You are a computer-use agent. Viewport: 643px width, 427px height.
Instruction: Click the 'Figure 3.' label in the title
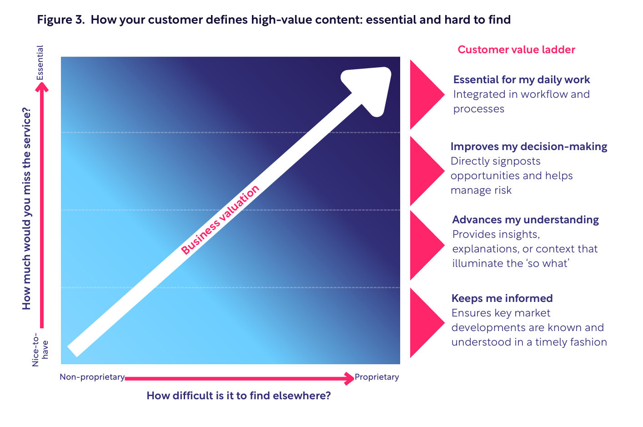(x=61, y=20)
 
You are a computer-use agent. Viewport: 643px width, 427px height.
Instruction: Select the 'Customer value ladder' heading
(x=517, y=50)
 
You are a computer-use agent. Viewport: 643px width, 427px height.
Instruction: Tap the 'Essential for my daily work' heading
(x=522, y=80)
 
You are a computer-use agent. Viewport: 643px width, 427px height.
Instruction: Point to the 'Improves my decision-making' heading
(x=529, y=146)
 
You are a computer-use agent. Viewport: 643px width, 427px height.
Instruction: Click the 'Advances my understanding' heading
(x=526, y=220)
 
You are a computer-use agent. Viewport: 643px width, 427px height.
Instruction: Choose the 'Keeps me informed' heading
(x=502, y=298)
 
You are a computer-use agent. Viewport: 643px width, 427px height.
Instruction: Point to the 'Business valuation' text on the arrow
(x=220, y=220)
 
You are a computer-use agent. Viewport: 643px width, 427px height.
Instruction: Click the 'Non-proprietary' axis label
(x=92, y=377)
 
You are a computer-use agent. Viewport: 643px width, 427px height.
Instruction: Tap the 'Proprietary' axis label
(x=377, y=377)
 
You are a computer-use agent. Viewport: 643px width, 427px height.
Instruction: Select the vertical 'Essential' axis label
(x=40, y=63)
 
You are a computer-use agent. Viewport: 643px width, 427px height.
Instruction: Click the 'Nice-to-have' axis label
(x=40, y=350)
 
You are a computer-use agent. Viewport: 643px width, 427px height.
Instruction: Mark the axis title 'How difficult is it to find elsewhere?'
(x=239, y=396)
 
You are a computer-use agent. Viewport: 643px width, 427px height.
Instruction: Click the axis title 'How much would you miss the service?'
(x=26, y=209)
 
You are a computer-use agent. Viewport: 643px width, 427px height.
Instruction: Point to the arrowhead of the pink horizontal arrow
(x=349, y=378)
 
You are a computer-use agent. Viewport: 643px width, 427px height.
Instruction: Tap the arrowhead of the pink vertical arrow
(x=42, y=87)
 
